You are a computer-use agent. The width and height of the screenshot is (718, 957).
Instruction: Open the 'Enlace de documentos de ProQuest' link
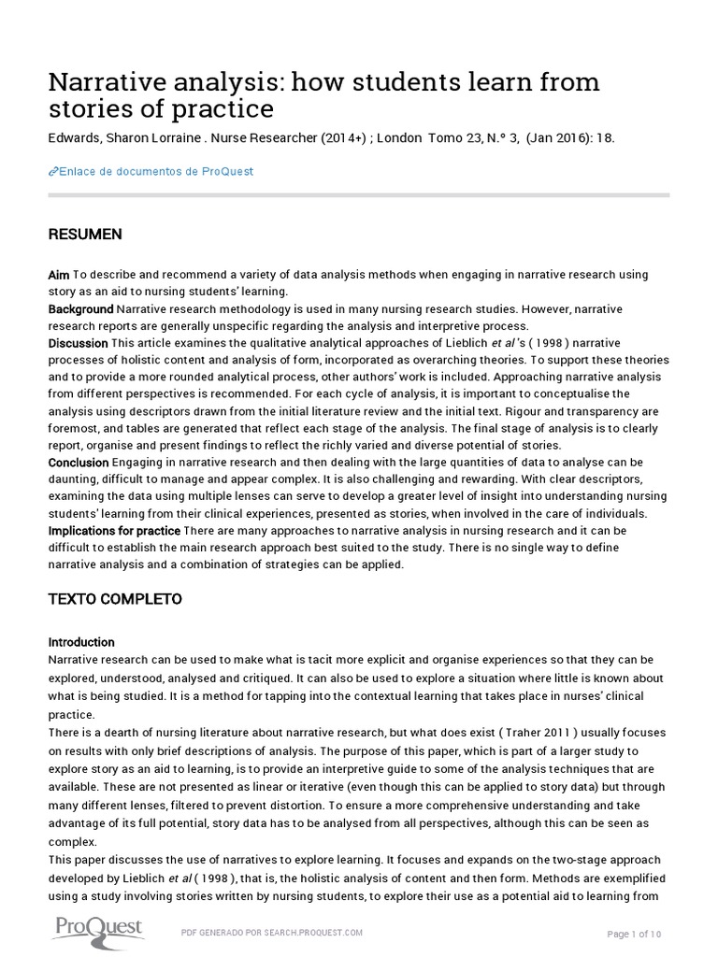[x=155, y=171]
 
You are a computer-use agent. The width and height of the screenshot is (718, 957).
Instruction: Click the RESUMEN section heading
[x=85, y=235]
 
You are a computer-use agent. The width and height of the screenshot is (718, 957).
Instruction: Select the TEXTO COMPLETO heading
[x=115, y=598]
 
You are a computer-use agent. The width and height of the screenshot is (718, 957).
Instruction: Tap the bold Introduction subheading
[x=81, y=642]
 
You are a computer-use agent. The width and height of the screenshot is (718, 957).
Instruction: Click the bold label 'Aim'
[x=59, y=275]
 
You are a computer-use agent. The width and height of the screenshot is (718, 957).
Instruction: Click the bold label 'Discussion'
[x=79, y=343]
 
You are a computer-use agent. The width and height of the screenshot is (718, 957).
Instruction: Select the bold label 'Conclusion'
[x=79, y=463]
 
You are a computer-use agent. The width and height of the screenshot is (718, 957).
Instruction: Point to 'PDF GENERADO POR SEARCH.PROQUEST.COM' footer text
[x=270, y=932]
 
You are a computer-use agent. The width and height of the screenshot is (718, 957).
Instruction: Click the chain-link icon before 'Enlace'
[x=52, y=171]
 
